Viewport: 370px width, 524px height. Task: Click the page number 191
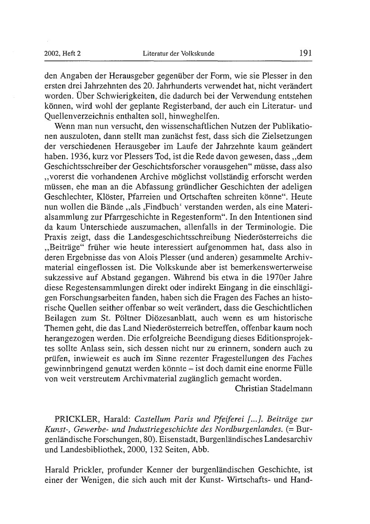pyautogui.click(x=305, y=53)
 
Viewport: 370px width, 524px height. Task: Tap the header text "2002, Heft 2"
pyautogui.click(x=63, y=54)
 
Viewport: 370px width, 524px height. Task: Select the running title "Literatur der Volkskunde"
pyautogui.click(x=179, y=54)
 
